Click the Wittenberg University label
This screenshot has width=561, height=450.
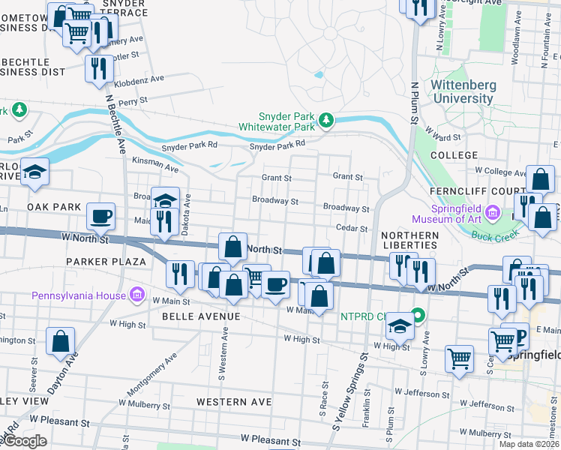click(x=462, y=91)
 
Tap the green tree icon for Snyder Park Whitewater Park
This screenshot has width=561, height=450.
click(x=326, y=120)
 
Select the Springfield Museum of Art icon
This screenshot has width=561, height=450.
click(x=492, y=213)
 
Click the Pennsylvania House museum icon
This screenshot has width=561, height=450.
click(x=136, y=292)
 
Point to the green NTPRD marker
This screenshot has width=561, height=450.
click(x=418, y=316)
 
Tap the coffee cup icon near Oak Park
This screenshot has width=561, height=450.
click(x=101, y=217)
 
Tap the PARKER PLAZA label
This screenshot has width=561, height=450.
click(x=105, y=261)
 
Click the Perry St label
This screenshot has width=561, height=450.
click(x=133, y=100)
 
